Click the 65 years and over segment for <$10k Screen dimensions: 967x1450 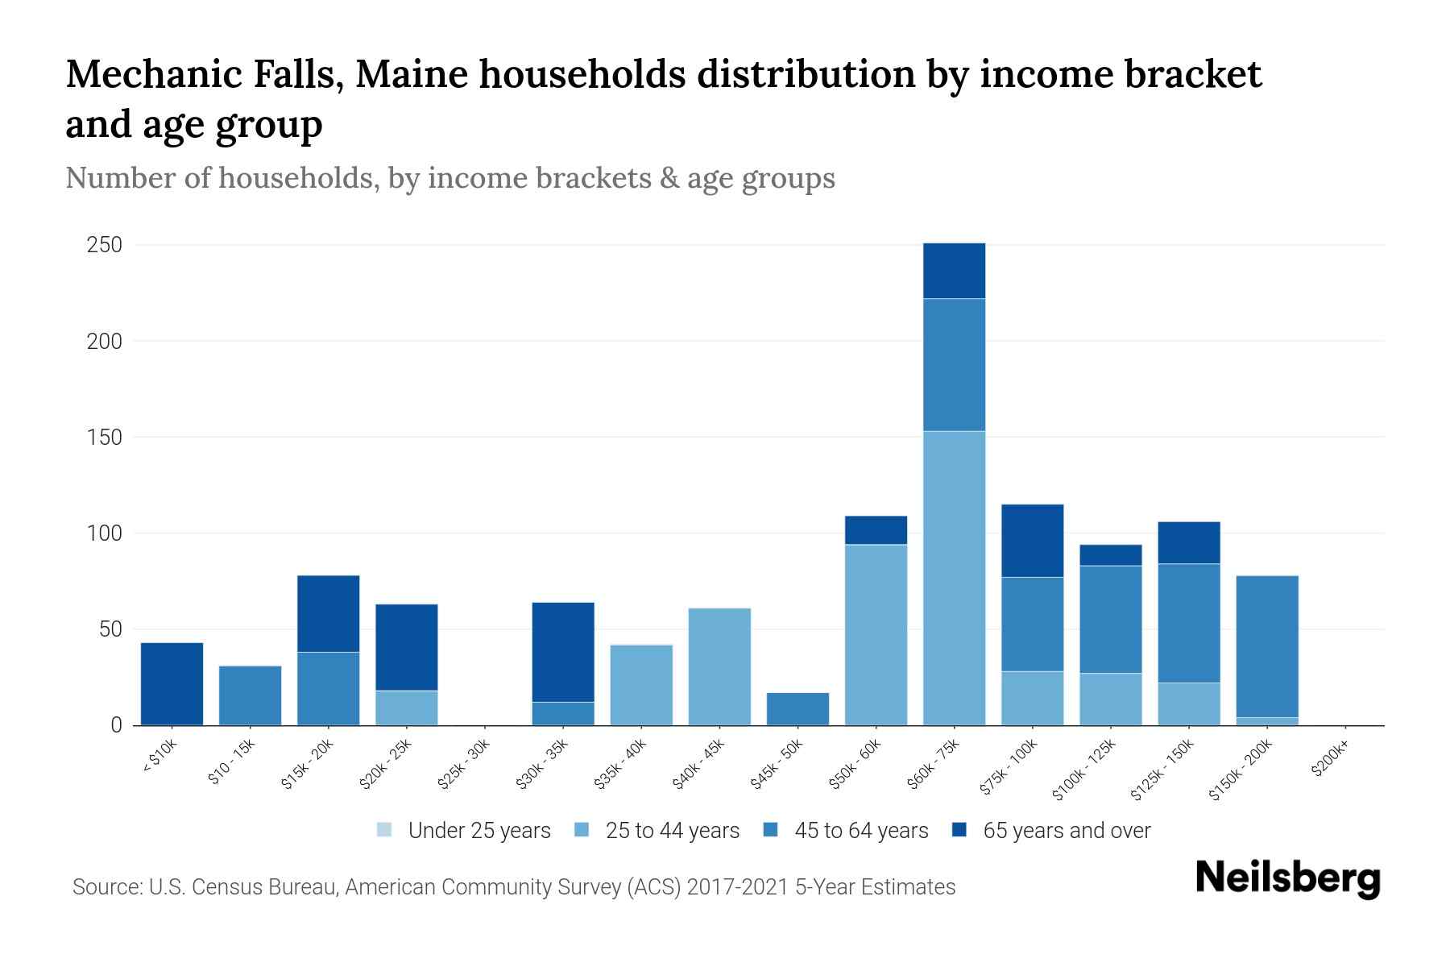(x=172, y=683)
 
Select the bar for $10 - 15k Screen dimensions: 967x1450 (x=250, y=695)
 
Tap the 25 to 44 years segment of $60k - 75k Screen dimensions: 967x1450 (x=954, y=578)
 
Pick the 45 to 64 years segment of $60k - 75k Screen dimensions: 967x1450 (x=954, y=365)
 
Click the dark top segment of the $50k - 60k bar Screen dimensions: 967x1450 (x=876, y=530)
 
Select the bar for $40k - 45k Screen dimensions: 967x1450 (x=719, y=666)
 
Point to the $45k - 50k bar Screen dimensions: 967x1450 (x=797, y=709)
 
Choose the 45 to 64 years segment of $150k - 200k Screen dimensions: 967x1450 (x=1267, y=646)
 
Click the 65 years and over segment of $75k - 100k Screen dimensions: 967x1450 (x=1032, y=541)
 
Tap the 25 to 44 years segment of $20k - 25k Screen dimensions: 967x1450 (x=406, y=708)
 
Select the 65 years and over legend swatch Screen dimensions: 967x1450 (x=959, y=830)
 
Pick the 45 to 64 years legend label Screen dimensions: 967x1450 (x=861, y=831)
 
